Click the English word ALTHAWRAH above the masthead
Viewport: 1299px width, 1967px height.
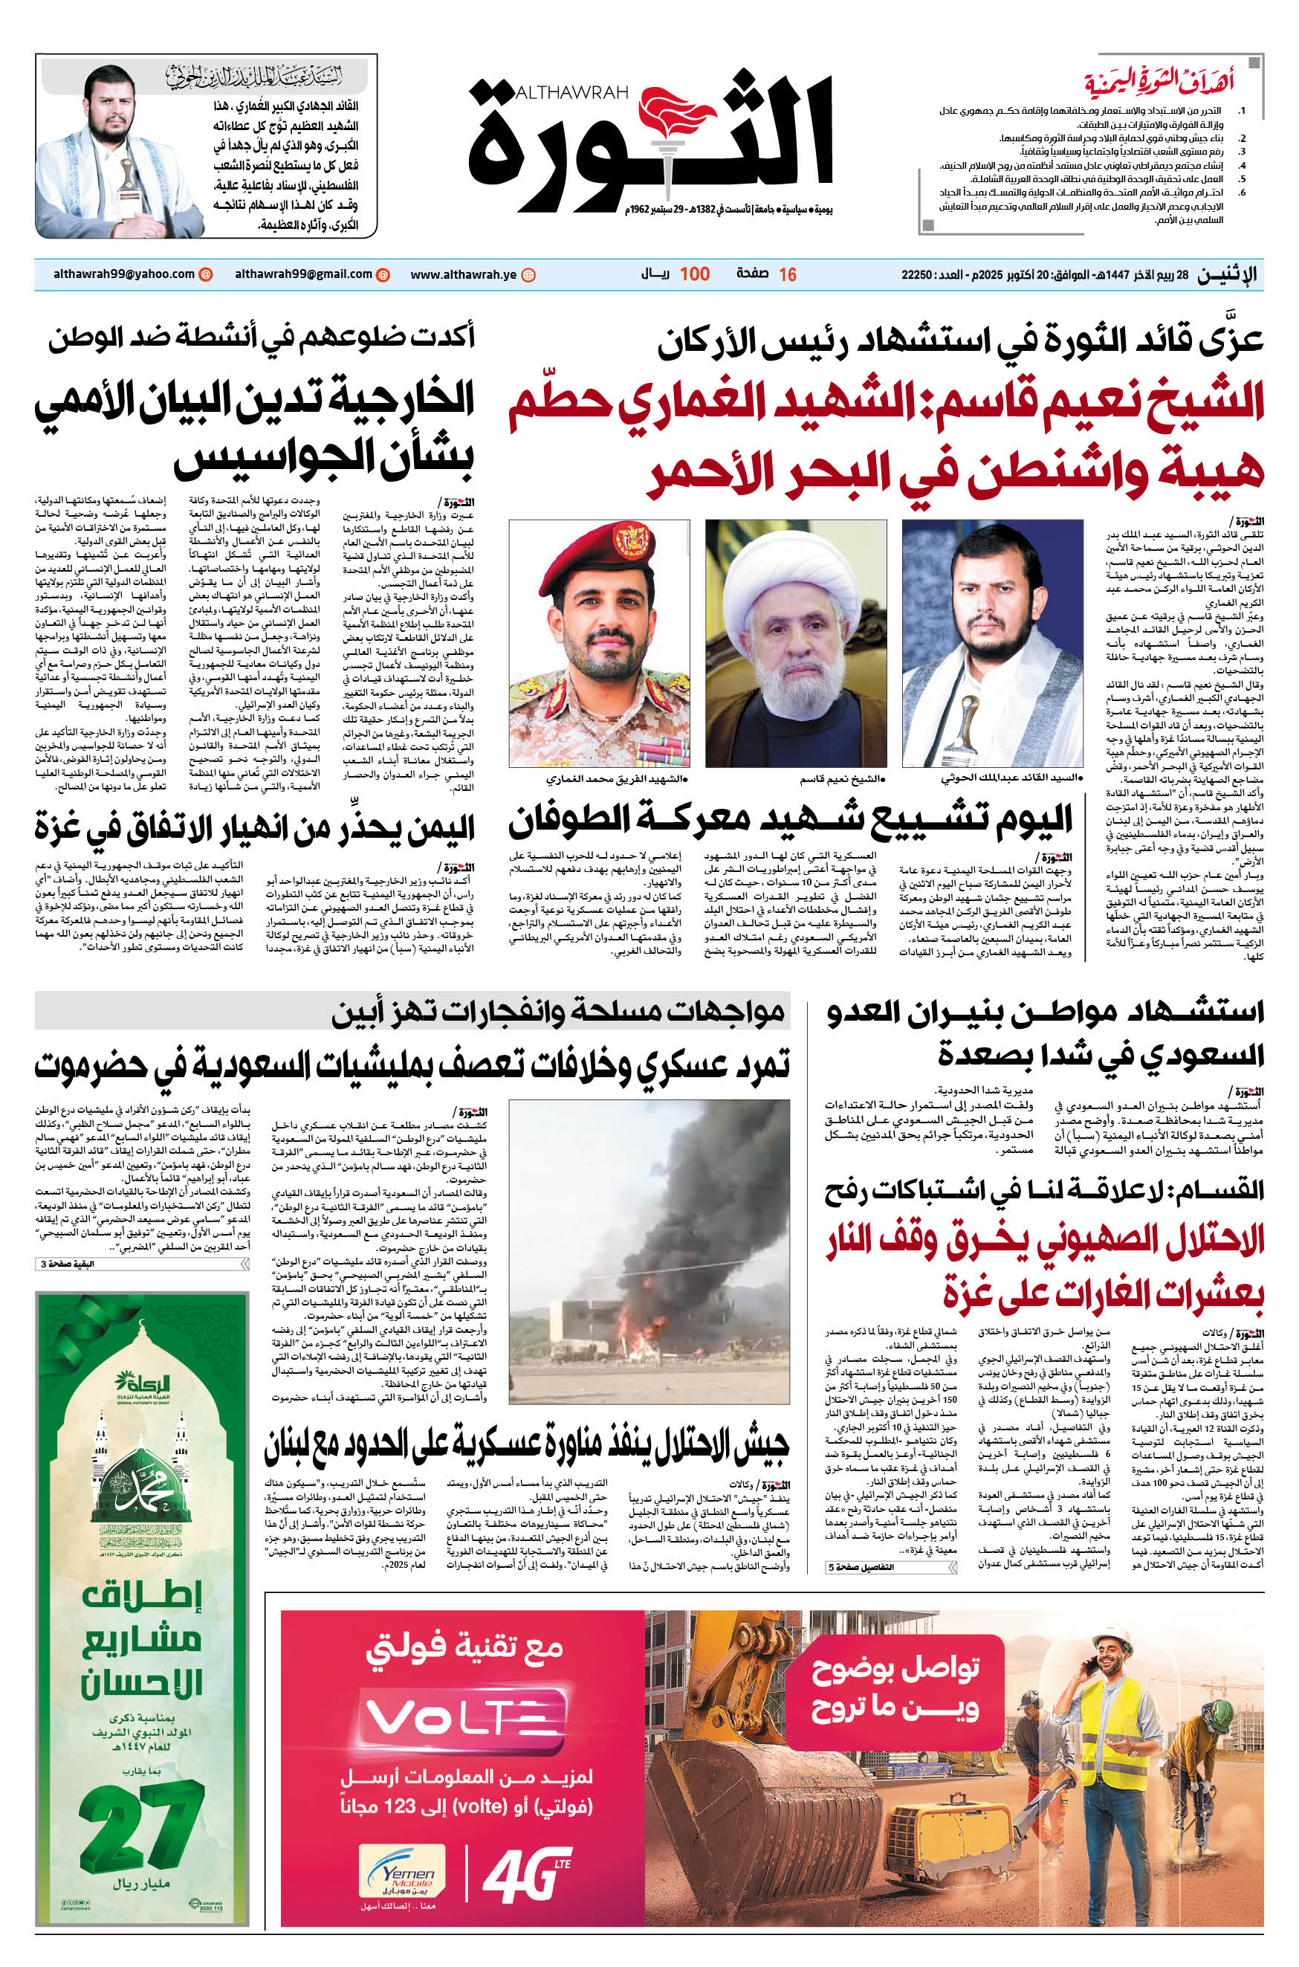(571, 92)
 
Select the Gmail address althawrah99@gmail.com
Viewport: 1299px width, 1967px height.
(303, 274)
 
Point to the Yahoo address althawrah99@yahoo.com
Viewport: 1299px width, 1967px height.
(123, 274)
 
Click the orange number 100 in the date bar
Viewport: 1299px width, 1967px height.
(694, 274)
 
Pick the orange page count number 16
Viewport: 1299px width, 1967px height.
(787, 274)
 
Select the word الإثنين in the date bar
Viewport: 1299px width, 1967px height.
(1226, 275)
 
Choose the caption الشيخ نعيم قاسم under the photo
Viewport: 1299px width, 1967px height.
(842, 779)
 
